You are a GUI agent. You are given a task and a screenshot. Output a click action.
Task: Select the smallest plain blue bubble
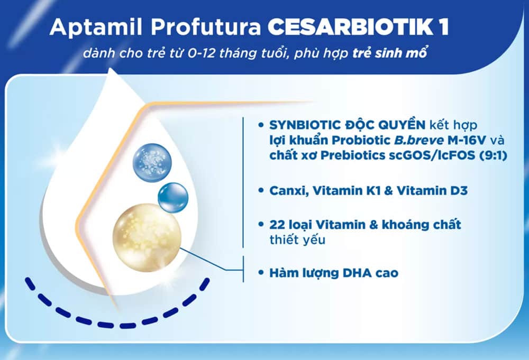172,197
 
